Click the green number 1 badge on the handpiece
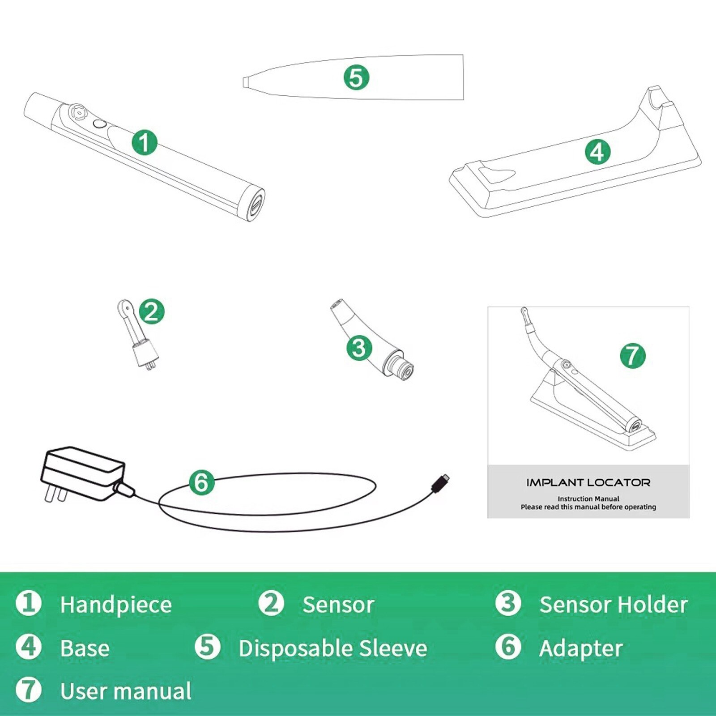[x=145, y=143]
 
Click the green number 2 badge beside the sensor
[x=152, y=312]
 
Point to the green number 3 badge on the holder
[x=359, y=348]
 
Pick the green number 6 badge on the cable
[x=201, y=482]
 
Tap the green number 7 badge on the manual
[x=632, y=356]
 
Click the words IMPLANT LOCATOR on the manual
[x=588, y=482]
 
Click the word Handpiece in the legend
[x=116, y=605]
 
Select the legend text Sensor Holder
[x=613, y=605]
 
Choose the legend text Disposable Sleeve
[x=332, y=648]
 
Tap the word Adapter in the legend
[x=581, y=648]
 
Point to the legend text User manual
[x=126, y=691]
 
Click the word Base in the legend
[x=85, y=648]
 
